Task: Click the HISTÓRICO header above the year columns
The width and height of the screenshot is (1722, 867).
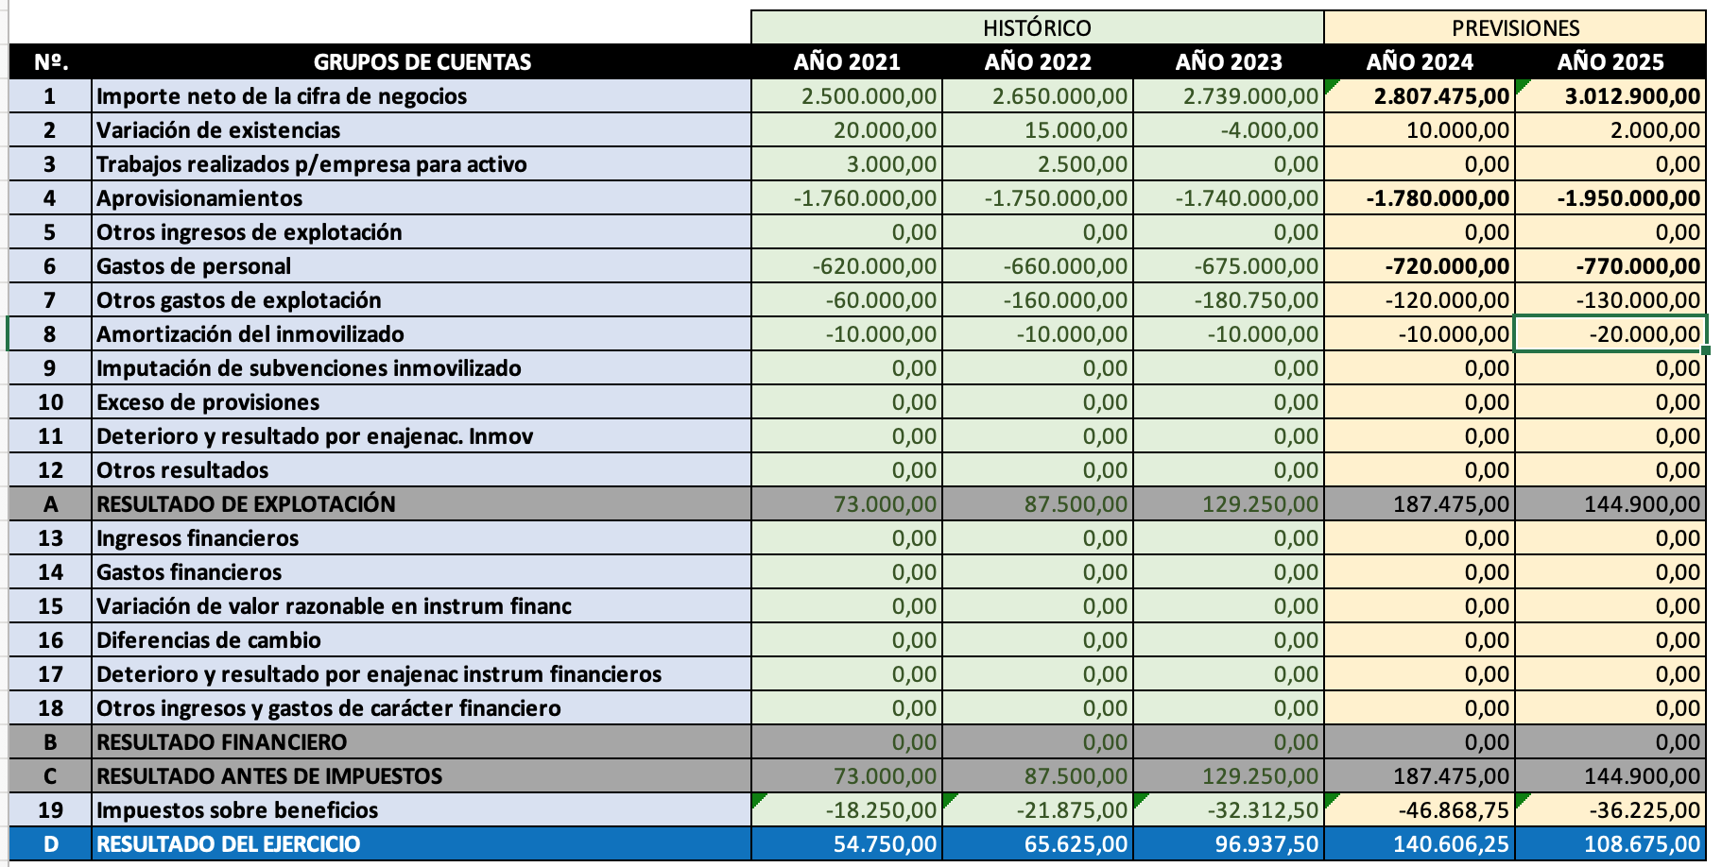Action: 1037,28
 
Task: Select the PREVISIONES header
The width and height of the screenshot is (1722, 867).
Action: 1515,28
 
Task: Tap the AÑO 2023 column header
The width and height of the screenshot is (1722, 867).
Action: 1229,62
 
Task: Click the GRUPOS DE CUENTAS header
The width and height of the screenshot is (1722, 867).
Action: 422,62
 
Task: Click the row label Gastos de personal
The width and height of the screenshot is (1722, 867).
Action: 194,266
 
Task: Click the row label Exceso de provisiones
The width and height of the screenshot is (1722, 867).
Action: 208,402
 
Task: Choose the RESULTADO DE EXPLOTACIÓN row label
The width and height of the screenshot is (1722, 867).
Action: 246,504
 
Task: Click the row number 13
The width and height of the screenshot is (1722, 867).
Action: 50,538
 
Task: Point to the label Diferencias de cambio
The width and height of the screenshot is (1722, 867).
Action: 209,640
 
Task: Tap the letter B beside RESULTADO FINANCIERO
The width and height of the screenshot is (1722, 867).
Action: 50,742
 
